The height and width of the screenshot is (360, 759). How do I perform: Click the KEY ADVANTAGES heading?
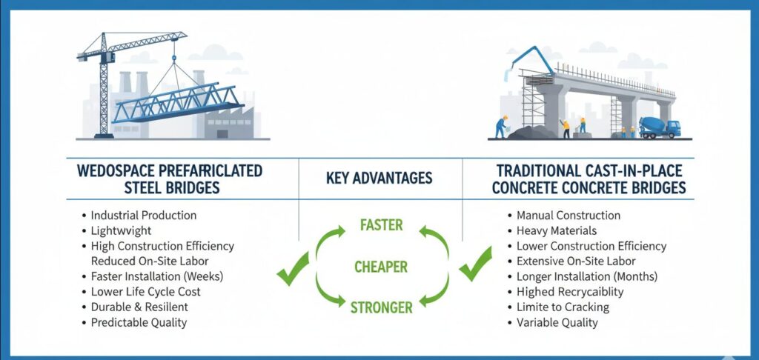pos(380,179)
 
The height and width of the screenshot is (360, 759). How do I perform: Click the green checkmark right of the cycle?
pos(475,264)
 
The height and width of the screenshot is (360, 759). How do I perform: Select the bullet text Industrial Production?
pos(144,215)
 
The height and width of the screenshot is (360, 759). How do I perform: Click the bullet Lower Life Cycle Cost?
pos(145,292)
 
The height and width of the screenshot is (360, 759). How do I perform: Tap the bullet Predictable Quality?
pos(139,322)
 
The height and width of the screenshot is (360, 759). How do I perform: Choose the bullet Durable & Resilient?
pos(139,307)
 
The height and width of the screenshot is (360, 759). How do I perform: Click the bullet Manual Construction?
pos(569,216)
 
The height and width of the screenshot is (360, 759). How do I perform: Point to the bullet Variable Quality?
pos(557,323)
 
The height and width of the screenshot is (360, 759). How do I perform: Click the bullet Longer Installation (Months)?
pos(587,276)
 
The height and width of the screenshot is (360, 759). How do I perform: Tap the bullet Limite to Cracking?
pos(563,307)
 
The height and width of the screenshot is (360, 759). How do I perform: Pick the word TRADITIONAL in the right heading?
pos(531,170)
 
